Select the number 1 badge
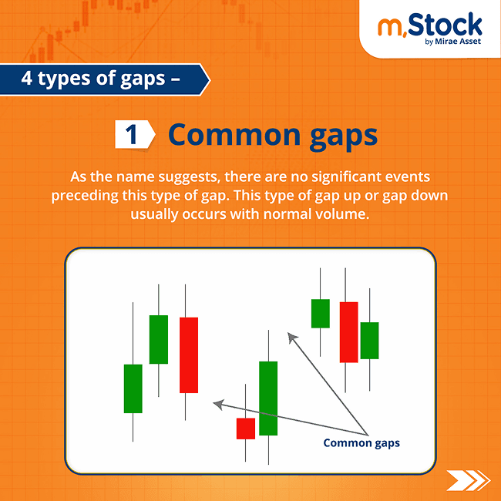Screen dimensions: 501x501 pyautogui.click(x=132, y=134)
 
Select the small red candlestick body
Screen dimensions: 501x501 pyautogui.click(x=246, y=429)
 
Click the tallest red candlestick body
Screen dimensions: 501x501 pyautogui.click(x=189, y=355)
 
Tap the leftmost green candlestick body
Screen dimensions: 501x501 pyautogui.click(x=133, y=388)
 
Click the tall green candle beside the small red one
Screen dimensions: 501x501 pyautogui.click(x=268, y=398)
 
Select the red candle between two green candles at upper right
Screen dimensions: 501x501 pyautogui.click(x=348, y=331)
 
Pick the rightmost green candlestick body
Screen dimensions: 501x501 pyautogui.click(x=370, y=340)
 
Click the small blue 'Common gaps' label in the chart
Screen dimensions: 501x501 pyautogui.click(x=361, y=443)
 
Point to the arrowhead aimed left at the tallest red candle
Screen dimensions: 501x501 pyautogui.click(x=219, y=403)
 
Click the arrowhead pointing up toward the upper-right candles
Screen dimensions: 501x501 pyautogui.click(x=291, y=337)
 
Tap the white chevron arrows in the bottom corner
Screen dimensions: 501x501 pyautogui.click(x=468, y=480)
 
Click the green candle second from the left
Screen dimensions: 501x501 pyautogui.click(x=159, y=339)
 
